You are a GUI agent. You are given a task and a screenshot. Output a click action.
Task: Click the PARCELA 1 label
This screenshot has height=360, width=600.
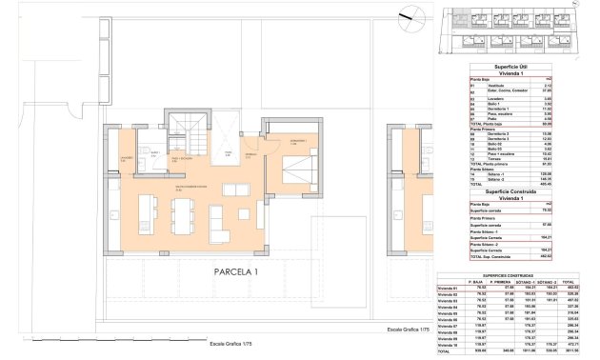[230, 270]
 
